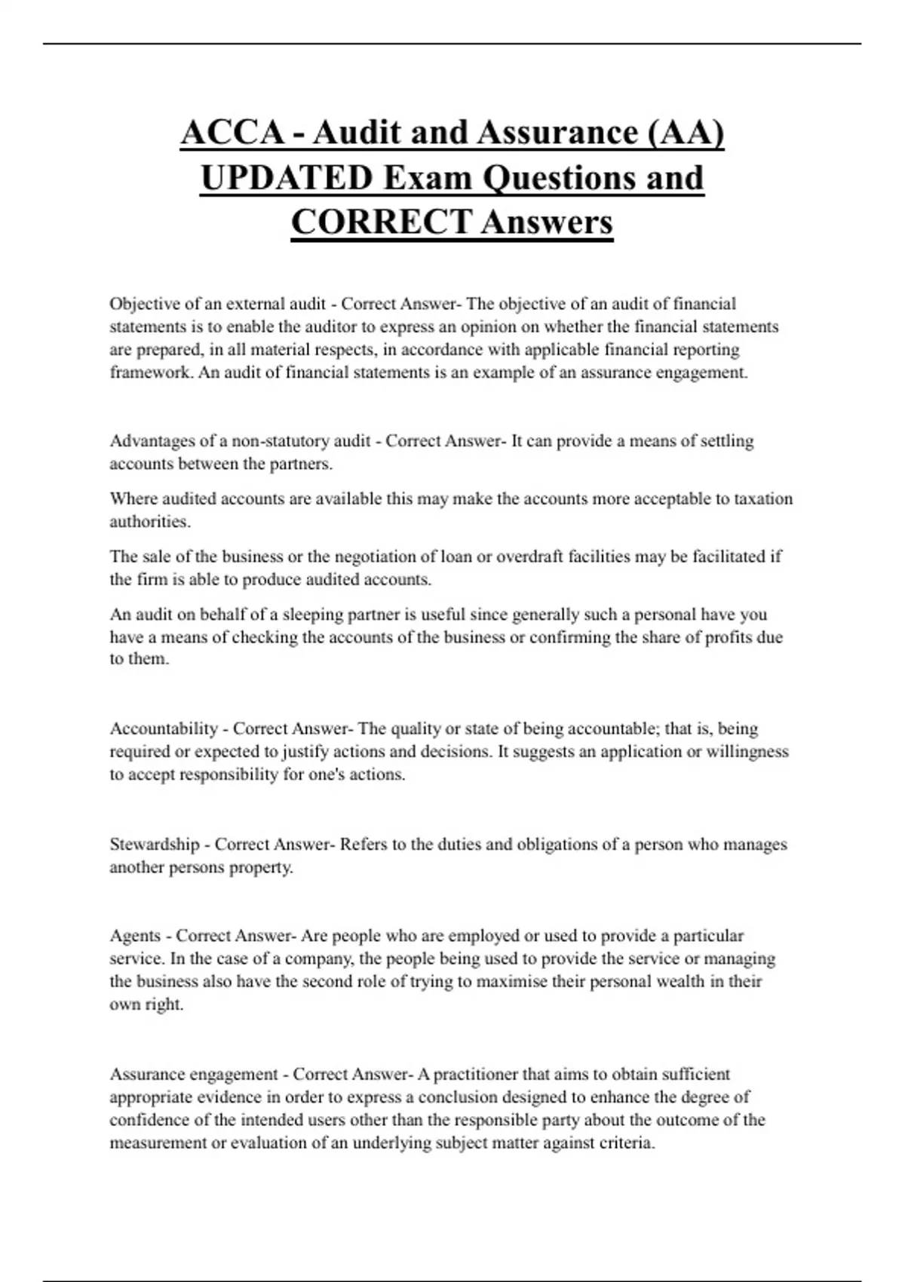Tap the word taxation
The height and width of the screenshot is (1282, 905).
click(763, 498)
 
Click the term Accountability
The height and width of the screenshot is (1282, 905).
click(164, 728)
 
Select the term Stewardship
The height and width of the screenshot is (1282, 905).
click(155, 844)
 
